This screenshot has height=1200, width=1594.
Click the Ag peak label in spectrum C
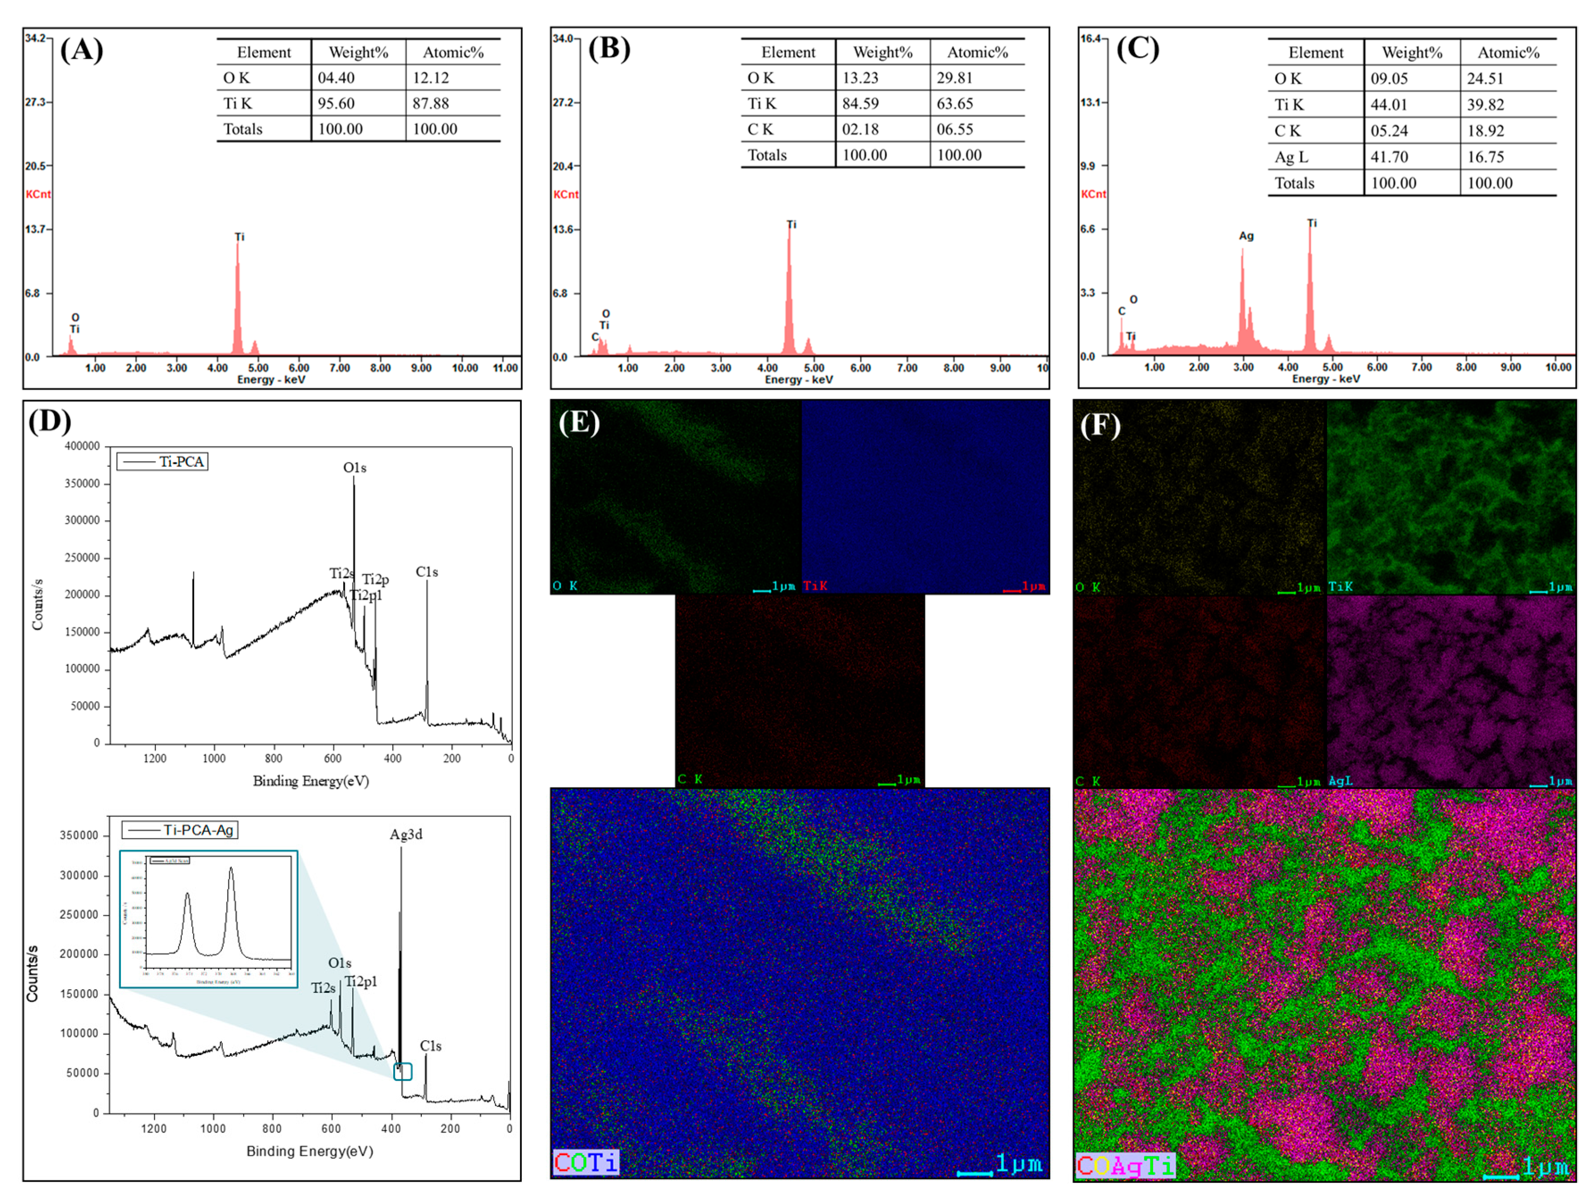pyautogui.click(x=1246, y=236)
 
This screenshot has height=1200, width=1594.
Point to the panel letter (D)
pyautogui.click(x=49, y=420)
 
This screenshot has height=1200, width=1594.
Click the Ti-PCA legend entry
pyautogui.click(x=163, y=461)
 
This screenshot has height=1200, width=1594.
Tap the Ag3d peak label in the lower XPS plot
pyautogui.click(x=406, y=834)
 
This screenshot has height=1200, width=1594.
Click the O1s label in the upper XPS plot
pyautogui.click(x=354, y=468)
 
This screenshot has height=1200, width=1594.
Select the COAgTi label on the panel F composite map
pyautogui.click(x=1125, y=1165)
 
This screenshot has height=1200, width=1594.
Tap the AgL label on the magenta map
pyautogui.click(x=1340, y=780)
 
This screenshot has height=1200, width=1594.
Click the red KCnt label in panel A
pyautogui.click(x=38, y=194)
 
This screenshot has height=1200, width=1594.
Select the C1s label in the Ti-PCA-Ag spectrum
pyautogui.click(x=430, y=1046)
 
